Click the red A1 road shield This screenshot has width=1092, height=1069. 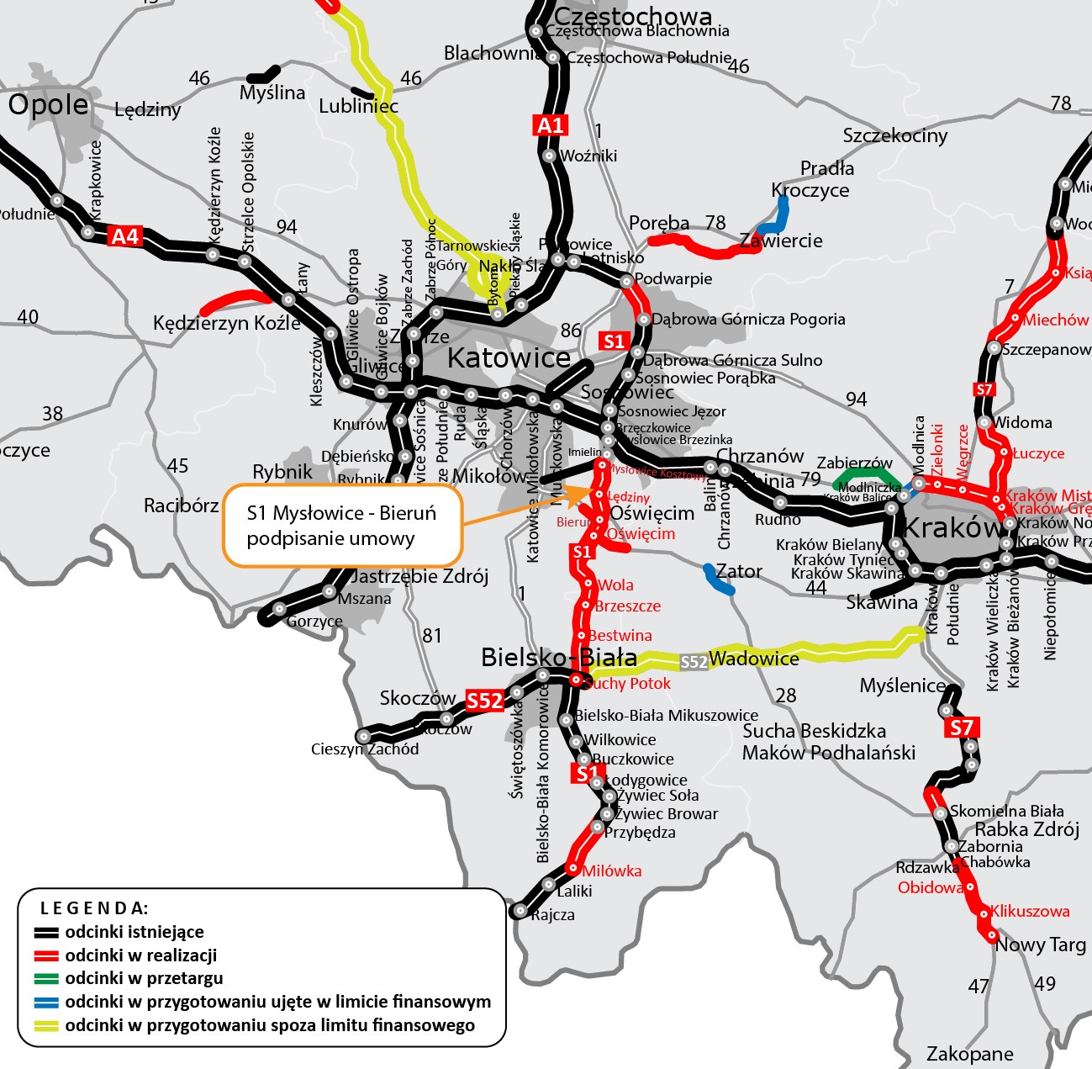click(550, 125)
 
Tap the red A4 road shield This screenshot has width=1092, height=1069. click(124, 236)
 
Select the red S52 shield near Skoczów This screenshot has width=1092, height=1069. click(484, 701)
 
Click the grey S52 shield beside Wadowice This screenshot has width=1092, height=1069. click(694, 662)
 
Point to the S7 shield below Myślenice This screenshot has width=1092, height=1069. click(961, 728)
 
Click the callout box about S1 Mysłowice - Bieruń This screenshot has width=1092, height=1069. click(341, 525)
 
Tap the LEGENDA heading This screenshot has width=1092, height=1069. click(94, 908)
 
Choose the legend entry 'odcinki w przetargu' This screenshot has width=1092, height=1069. click(144, 978)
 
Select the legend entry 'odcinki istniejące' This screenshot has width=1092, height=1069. click(135, 932)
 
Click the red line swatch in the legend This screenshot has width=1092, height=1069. click(46, 955)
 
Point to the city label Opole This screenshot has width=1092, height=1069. click(48, 104)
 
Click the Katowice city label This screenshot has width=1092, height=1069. click(509, 357)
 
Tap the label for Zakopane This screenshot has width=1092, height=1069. click(969, 1054)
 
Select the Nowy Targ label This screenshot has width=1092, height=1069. click(1041, 945)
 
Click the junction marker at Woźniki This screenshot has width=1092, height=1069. click(549, 156)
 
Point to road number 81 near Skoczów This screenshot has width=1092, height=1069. click(432, 635)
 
